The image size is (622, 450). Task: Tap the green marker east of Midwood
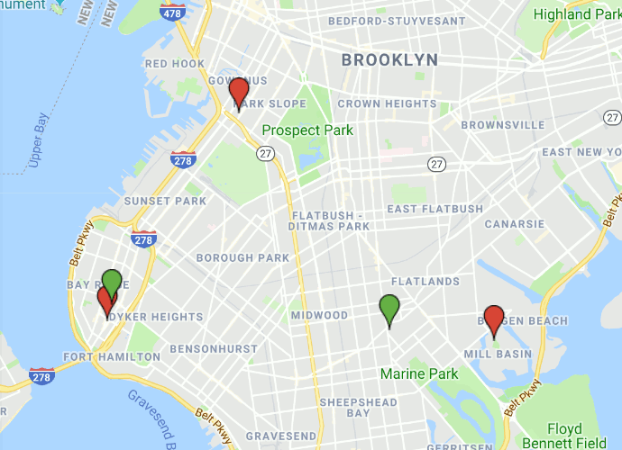coord(389,310)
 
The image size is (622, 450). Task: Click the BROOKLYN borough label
coord(389,60)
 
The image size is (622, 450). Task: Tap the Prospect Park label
coord(307,130)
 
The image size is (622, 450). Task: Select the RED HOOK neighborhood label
coord(175,64)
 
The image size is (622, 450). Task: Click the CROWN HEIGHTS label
coord(387,104)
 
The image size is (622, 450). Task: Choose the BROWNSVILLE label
coord(503,125)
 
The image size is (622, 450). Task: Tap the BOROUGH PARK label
coord(243,258)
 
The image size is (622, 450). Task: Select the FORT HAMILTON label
coord(111,357)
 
